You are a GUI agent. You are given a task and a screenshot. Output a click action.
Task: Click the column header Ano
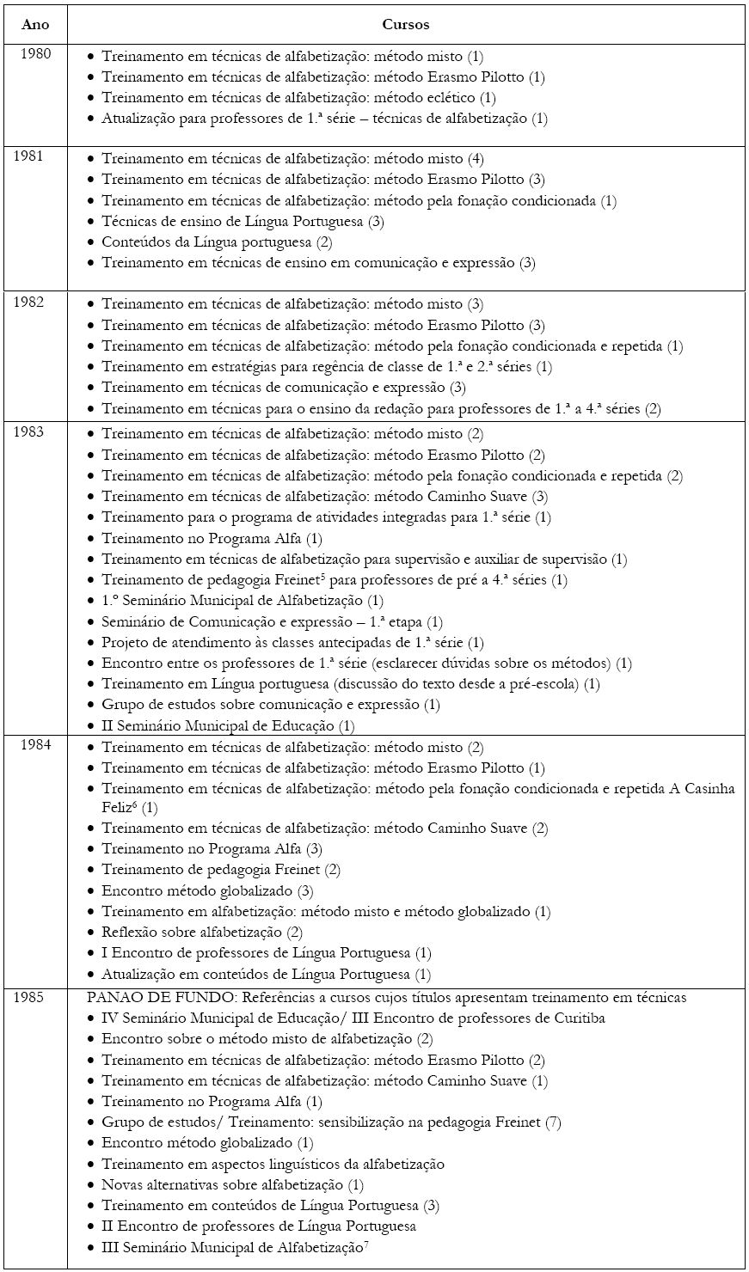[35, 25]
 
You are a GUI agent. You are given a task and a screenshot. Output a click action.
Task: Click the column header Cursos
[406, 25]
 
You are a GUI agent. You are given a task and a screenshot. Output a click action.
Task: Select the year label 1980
[35, 53]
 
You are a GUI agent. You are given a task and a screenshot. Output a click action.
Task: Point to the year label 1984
[35, 744]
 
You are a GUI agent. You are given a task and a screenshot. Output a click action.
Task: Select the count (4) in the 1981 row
[476, 160]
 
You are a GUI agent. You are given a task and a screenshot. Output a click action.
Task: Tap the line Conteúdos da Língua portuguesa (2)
[217, 242]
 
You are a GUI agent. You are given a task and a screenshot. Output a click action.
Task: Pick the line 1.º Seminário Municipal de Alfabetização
[243, 601]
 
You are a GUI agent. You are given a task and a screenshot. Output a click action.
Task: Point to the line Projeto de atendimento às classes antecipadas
[292, 643]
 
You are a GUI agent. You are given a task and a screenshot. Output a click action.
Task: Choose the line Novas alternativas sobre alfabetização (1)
[232, 1184]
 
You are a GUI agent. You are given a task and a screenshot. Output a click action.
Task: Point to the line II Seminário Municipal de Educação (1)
[228, 725]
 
